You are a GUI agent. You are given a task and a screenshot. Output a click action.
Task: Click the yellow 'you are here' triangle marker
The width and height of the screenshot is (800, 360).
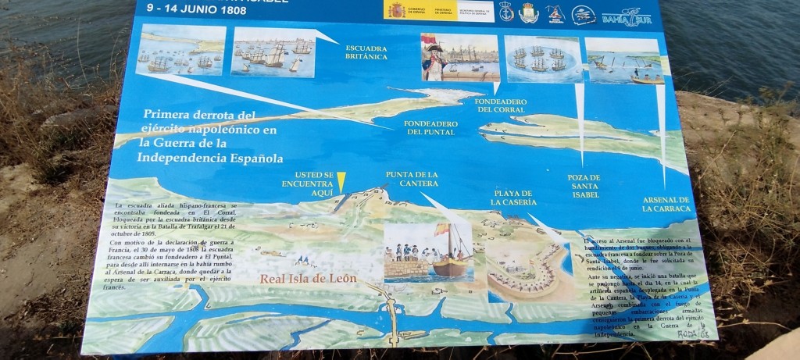341,181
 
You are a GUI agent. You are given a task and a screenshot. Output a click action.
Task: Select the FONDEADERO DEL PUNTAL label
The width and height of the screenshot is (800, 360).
430,127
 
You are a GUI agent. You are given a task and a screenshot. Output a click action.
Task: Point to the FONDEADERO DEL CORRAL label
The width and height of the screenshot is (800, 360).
501,105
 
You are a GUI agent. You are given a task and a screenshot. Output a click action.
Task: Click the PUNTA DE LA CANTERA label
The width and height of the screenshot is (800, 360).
412,178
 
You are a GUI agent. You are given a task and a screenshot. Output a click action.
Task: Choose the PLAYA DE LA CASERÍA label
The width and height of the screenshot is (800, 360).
513,197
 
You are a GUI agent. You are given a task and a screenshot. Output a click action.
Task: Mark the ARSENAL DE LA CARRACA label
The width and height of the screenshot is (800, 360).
666,204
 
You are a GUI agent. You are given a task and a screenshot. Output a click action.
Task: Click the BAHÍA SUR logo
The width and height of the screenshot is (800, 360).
626,16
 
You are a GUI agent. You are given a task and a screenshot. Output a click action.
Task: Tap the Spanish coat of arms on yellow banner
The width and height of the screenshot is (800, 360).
398,10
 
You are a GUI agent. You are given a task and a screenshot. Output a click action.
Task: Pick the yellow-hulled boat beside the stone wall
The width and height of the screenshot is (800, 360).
449,266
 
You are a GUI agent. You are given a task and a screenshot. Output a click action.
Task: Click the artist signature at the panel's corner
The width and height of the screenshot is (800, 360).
687,333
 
